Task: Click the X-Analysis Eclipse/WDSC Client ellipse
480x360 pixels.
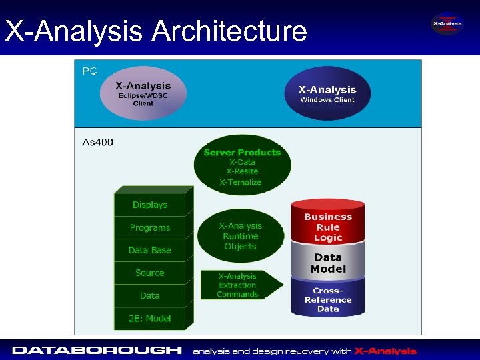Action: pos(143,93)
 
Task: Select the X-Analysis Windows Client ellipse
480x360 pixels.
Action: pos(327,93)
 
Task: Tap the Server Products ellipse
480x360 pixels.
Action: pos(242,167)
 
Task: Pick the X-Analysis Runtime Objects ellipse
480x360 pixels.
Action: pos(241,236)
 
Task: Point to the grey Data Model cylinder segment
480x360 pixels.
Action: pos(328,262)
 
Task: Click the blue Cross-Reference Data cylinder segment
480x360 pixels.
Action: pos(328,298)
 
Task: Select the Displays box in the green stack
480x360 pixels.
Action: pos(149,205)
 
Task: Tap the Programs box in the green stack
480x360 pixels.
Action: pos(149,227)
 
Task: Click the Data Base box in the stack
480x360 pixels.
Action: pos(149,250)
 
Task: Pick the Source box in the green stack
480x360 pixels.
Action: pos(149,273)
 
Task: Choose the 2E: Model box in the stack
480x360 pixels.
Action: pos(149,318)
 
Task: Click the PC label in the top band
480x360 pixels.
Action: pos(89,71)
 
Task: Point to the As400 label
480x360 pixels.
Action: pos(97,142)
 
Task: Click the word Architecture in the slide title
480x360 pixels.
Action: pos(229,31)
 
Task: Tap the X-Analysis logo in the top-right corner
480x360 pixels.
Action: pos(447,24)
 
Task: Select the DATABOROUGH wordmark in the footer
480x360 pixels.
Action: pos(97,350)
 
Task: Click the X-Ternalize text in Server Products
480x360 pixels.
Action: pos(241,182)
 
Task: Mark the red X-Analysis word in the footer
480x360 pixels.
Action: pos(385,351)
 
